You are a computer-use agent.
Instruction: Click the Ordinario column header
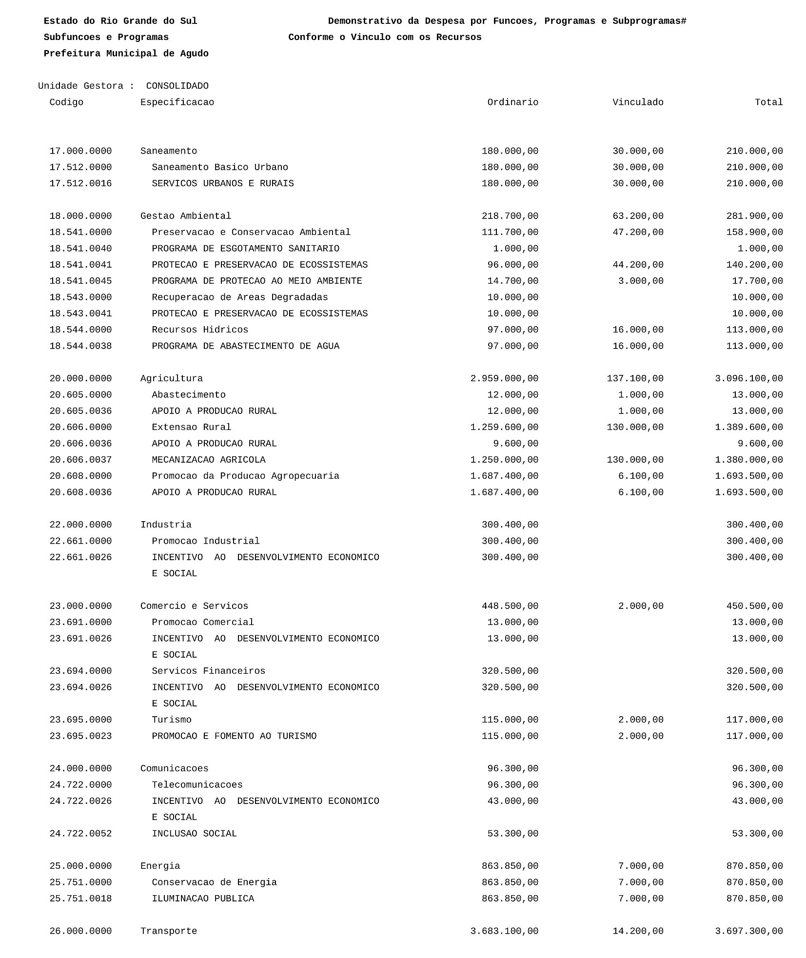pyautogui.click(x=512, y=102)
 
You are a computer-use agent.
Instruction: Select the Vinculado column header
pyautogui.click(x=638, y=102)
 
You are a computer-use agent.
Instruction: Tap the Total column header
pyautogui.click(x=768, y=102)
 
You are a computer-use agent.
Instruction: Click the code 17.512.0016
pyautogui.click(x=80, y=184)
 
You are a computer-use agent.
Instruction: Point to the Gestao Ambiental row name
pyautogui.click(x=186, y=216)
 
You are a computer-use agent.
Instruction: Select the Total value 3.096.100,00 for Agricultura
pyautogui.click(x=749, y=379)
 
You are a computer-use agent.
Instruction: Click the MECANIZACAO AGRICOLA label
pyautogui.click(x=209, y=460)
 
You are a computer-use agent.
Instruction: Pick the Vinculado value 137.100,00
pyautogui.click(x=635, y=379)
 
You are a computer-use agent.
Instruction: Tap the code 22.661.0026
pyautogui.click(x=80, y=557)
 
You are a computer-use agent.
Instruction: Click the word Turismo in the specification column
pyautogui.click(x=172, y=720)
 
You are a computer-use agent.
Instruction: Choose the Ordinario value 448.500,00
pyautogui.click(x=510, y=606)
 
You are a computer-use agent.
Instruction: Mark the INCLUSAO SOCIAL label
pyautogui.click(x=194, y=834)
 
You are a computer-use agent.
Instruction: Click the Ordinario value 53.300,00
pyautogui.click(x=513, y=834)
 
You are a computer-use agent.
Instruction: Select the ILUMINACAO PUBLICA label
pyautogui.click(x=203, y=899)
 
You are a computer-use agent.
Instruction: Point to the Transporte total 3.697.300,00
pyautogui.click(x=749, y=931)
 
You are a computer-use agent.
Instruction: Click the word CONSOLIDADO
pyautogui.click(x=177, y=86)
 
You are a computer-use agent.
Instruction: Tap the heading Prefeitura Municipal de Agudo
pyautogui.click(x=126, y=54)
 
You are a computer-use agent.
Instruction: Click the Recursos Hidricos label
pyautogui.click(x=200, y=330)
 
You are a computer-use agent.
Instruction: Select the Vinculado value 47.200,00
pyautogui.click(x=638, y=233)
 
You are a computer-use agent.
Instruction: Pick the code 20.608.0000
pyautogui.click(x=80, y=476)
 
